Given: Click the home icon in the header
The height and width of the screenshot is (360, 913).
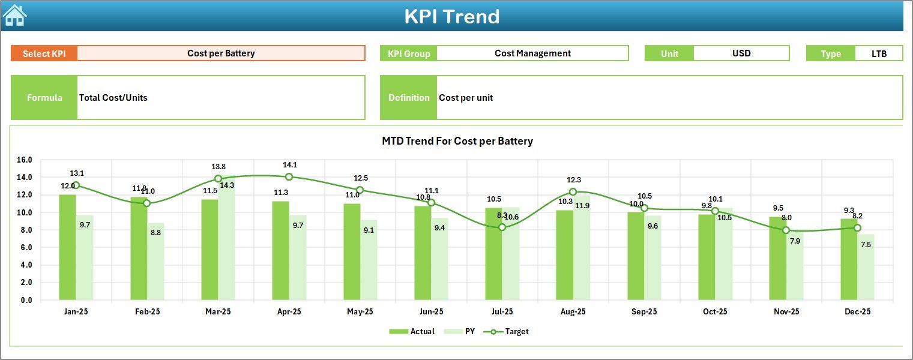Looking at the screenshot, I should pyautogui.click(x=14, y=16).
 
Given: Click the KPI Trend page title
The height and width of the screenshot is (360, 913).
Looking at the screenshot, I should pyautogui.click(x=451, y=16).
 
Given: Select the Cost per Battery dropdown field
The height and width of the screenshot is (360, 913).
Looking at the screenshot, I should pyautogui.click(x=221, y=53).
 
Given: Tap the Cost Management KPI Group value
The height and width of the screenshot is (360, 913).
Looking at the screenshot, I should pyautogui.click(x=532, y=53).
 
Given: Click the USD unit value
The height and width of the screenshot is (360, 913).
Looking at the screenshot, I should pyautogui.click(x=741, y=53).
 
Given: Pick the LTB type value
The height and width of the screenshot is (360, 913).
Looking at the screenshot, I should pyautogui.click(x=879, y=53).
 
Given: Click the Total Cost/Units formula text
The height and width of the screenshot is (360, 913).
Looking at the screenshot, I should pyautogui.click(x=113, y=98).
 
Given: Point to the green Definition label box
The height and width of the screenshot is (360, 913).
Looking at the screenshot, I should pyautogui.click(x=409, y=98).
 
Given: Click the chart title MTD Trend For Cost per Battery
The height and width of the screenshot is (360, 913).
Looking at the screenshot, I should pyautogui.click(x=457, y=142).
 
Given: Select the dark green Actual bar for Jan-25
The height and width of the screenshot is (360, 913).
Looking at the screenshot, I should pyautogui.click(x=68, y=247).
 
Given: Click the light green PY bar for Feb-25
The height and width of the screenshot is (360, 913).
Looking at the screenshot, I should pyautogui.click(x=155, y=262).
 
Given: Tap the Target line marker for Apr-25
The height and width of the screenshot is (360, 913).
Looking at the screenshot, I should pyautogui.click(x=289, y=177).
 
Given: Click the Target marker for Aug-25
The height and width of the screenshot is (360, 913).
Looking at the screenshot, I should pyautogui.click(x=573, y=192).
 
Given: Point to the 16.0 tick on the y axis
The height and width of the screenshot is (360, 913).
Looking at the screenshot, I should pyautogui.click(x=25, y=160).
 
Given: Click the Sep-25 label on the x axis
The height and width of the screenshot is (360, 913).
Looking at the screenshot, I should pyautogui.click(x=644, y=312).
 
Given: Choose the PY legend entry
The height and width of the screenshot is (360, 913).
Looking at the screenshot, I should pyautogui.click(x=463, y=331).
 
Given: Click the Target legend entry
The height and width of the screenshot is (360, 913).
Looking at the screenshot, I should pyautogui.click(x=510, y=331).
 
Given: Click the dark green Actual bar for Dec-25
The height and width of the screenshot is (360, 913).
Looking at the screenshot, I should pyautogui.click(x=849, y=259).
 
